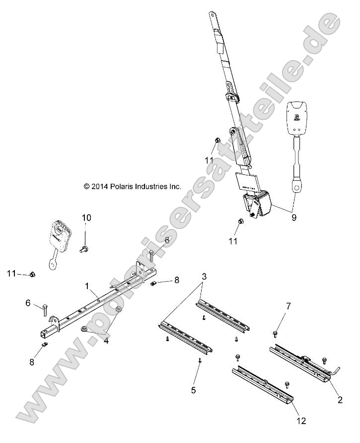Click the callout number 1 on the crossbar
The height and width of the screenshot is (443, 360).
pyautogui.click(x=87, y=287)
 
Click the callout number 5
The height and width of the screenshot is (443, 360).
pyautogui.click(x=194, y=390)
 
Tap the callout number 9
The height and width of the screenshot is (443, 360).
pyautogui.click(x=294, y=217)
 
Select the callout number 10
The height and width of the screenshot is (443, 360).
pyautogui.click(x=86, y=218)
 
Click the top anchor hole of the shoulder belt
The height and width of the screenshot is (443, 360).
pyautogui.click(x=213, y=16)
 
